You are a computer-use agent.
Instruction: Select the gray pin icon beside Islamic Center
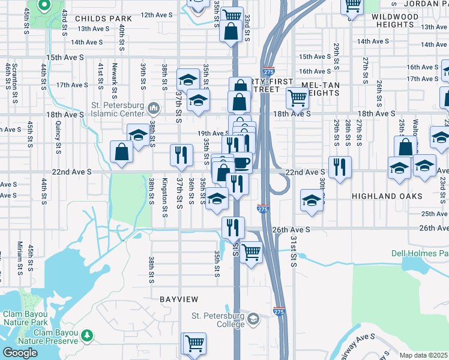(154, 109)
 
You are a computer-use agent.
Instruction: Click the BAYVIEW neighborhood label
(178, 298)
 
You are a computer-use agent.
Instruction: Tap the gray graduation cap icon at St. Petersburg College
(253, 318)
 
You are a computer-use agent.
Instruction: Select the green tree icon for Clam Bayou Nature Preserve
(88, 335)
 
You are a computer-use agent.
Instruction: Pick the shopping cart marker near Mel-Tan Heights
(297, 98)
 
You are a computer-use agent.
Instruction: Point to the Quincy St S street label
(58, 136)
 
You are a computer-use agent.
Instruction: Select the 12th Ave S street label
(157, 14)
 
